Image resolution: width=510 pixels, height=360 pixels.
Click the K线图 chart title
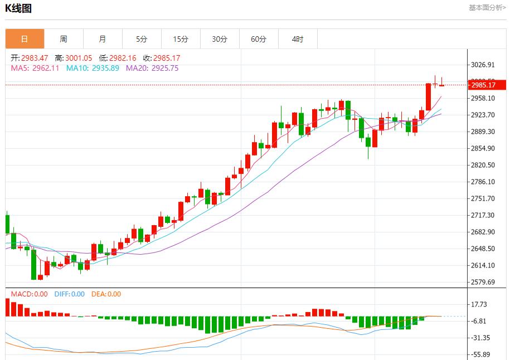(x=18, y=8)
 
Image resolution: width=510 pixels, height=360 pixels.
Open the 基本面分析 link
(x=487, y=8)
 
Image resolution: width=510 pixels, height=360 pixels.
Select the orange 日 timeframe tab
(x=25, y=39)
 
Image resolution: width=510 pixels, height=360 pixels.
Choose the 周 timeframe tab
(x=64, y=39)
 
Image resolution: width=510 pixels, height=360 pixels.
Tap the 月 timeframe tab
(x=103, y=39)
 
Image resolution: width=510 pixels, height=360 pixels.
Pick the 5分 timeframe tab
(x=142, y=39)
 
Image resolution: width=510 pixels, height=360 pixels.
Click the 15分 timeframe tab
(x=181, y=39)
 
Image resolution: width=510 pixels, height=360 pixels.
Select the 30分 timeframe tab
(x=220, y=39)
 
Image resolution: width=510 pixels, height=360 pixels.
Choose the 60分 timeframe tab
(x=259, y=39)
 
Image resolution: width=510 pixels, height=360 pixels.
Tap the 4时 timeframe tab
(x=298, y=39)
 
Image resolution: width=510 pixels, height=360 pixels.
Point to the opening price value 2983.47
(x=35, y=58)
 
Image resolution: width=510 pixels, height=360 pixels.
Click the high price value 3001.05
(x=79, y=58)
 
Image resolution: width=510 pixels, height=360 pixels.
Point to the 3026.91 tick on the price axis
(x=483, y=65)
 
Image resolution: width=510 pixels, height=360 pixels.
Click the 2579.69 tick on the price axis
(x=483, y=282)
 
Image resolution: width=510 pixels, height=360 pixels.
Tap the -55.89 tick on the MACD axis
(x=480, y=354)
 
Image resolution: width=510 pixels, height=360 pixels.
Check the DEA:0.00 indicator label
(x=106, y=294)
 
